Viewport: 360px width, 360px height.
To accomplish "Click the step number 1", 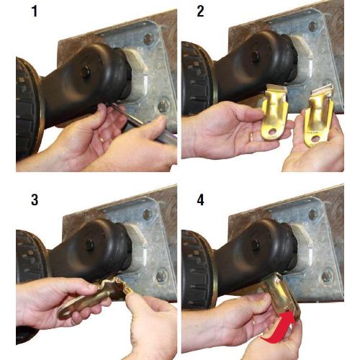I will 34,12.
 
